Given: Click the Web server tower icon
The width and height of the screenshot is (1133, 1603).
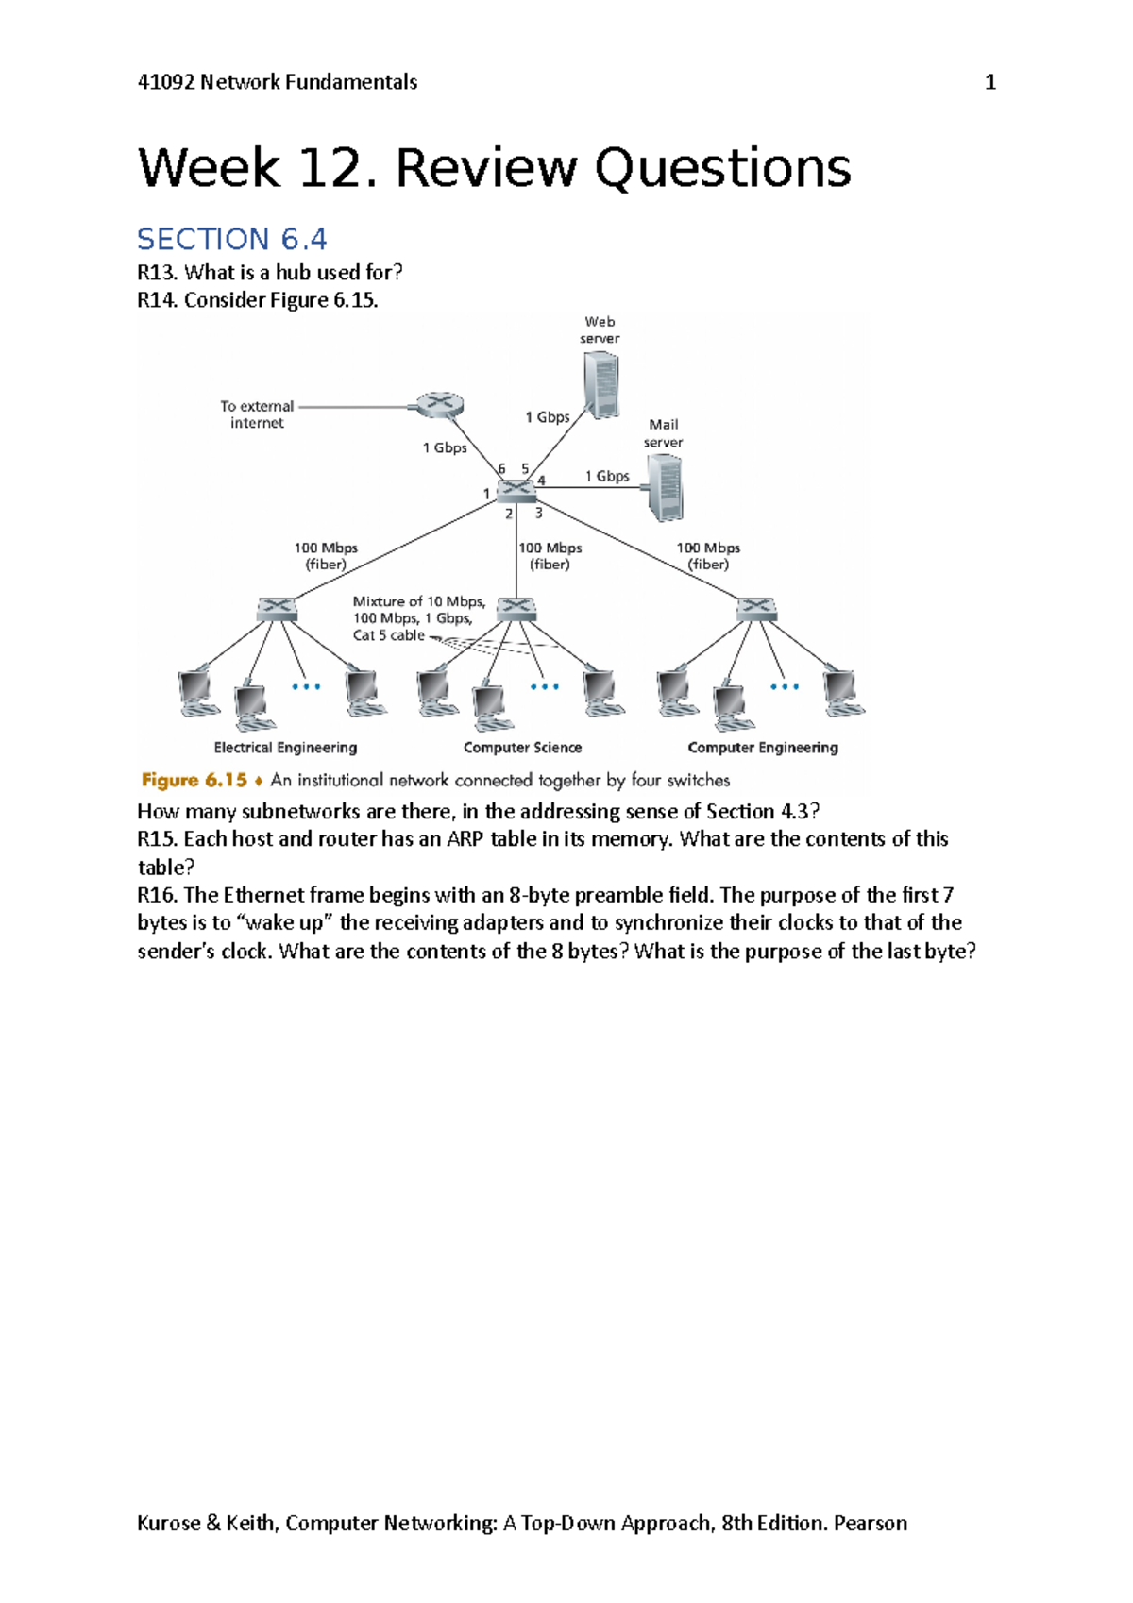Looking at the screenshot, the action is [x=601, y=384].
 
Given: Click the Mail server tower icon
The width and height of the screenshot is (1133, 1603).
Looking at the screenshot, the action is [x=666, y=487].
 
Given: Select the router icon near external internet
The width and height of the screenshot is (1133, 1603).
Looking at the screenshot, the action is [x=439, y=405].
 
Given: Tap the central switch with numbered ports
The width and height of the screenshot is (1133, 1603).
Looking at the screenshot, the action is [x=516, y=490].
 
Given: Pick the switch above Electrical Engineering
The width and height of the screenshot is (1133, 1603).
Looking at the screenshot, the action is [x=277, y=609].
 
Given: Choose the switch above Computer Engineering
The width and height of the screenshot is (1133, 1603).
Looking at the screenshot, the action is [x=756, y=609].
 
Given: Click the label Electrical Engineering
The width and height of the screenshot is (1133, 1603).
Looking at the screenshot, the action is [x=285, y=748].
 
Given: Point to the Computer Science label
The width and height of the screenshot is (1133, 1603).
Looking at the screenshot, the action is [x=522, y=748].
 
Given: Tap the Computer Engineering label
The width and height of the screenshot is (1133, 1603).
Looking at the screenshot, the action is [x=763, y=748].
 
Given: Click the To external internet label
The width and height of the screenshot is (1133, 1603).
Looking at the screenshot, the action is [x=257, y=414].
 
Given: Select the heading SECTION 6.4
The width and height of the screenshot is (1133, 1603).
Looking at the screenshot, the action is [x=232, y=239].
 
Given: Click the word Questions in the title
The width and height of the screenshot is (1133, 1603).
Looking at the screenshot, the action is [x=722, y=169].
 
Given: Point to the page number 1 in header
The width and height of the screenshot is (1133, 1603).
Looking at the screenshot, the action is [x=990, y=82].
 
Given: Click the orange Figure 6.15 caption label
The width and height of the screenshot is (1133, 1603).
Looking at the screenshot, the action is [x=194, y=780].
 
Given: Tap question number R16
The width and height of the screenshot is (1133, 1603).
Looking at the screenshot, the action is [x=156, y=895].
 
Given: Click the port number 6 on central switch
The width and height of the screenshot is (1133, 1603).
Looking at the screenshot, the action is [x=501, y=468].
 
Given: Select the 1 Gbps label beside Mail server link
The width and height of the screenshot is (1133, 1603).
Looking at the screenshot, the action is [x=607, y=476].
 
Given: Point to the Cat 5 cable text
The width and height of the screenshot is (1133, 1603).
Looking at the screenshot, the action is [x=389, y=635].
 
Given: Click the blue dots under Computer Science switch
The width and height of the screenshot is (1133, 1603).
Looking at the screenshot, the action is [x=545, y=686].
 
